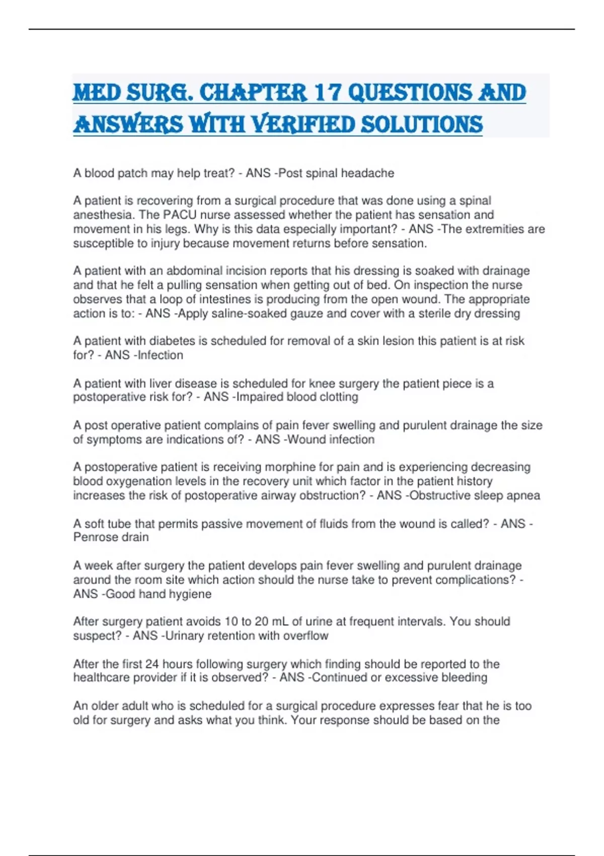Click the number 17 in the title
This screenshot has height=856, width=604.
[x=327, y=93]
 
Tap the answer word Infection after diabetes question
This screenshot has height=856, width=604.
[x=161, y=355]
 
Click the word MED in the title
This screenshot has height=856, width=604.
[x=97, y=93]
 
